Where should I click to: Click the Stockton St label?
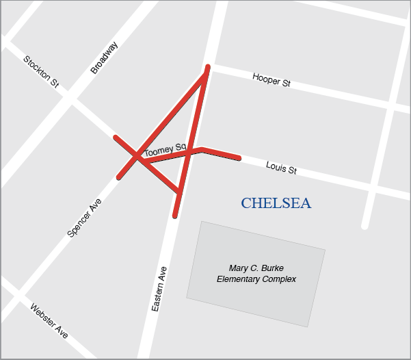(41, 71)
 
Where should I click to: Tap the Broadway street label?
(104, 57)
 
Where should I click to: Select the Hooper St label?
(271, 79)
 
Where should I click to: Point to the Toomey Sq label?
(165, 149)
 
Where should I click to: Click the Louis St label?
(281, 167)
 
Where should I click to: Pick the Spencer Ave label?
(85, 218)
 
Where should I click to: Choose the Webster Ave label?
(49, 320)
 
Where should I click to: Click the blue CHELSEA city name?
(276, 203)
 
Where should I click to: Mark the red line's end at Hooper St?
(207, 68)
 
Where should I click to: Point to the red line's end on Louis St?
(239, 159)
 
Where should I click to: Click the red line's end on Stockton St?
(115, 137)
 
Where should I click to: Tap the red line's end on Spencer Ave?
(119, 178)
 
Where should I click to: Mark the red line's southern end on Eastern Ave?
(175, 216)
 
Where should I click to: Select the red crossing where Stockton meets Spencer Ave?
(137, 157)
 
